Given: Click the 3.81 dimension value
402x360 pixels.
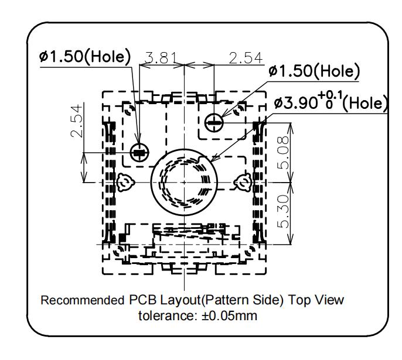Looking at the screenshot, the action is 161,58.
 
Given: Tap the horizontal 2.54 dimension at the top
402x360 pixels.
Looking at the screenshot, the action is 246,58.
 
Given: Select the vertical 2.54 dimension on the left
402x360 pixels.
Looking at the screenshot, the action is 77,121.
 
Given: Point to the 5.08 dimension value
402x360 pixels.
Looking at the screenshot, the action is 283,153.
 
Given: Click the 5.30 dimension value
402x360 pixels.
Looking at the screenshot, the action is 283,211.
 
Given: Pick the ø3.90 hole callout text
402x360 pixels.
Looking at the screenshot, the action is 331,102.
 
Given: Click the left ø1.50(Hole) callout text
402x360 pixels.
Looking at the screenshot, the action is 85,56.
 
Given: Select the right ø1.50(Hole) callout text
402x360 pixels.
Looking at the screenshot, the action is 314,71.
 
